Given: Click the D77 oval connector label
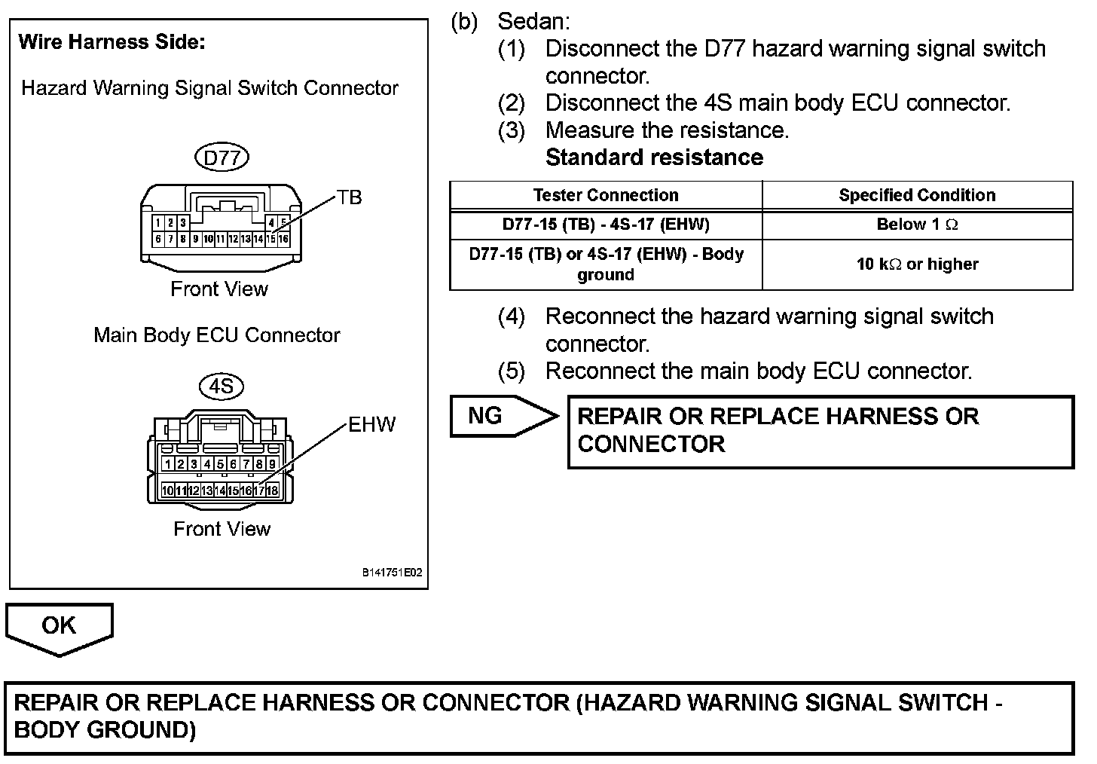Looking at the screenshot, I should [222, 157].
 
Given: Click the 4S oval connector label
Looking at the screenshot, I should [222, 387].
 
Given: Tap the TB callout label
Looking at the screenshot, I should [349, 197].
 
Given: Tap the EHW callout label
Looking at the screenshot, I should [371, 425].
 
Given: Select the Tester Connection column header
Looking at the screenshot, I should [606, 195].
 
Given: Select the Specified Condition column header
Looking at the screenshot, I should [917, 195].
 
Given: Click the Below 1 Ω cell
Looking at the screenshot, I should [917, 225].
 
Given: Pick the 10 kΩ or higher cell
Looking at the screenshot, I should [917, 264].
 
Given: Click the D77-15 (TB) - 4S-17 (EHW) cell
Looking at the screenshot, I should [606, 225].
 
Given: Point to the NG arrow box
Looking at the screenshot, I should [501, 416].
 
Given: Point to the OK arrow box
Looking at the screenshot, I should [59, 626].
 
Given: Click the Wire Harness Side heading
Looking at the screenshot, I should [112, 42].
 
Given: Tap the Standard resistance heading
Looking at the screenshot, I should [654, 157].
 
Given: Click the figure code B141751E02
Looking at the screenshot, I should [392, 573].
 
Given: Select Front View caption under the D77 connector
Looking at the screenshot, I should [219, 289].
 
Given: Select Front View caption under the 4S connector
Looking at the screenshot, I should [222, 529].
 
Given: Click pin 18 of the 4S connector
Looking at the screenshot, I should [272, 490].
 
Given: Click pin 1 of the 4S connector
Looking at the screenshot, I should [168, 464].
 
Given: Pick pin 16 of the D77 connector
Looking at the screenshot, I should [283, 240].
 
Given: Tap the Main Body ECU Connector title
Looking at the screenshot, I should [217, 335].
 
